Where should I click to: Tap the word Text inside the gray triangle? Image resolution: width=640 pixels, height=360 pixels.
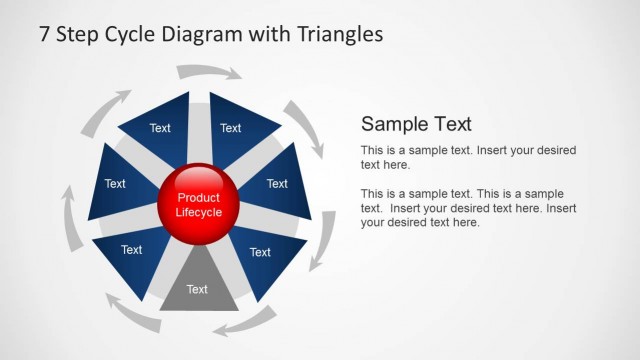pyautogui.click(x=197, y=290)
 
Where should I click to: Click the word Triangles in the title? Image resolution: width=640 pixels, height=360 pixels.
pyautogui.click(x=340, y=34)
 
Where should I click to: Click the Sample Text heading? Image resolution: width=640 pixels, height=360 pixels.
pyautogui.click(x=416, y=124)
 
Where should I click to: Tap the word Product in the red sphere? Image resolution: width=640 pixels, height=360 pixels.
pyautogui.click(x=198, y=198)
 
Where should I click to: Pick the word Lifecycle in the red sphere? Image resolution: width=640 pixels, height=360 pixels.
pyautogui.click(x=198, y=212)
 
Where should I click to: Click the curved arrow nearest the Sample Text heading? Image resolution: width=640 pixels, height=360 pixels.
pyautogui.click(x=304, y=125)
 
